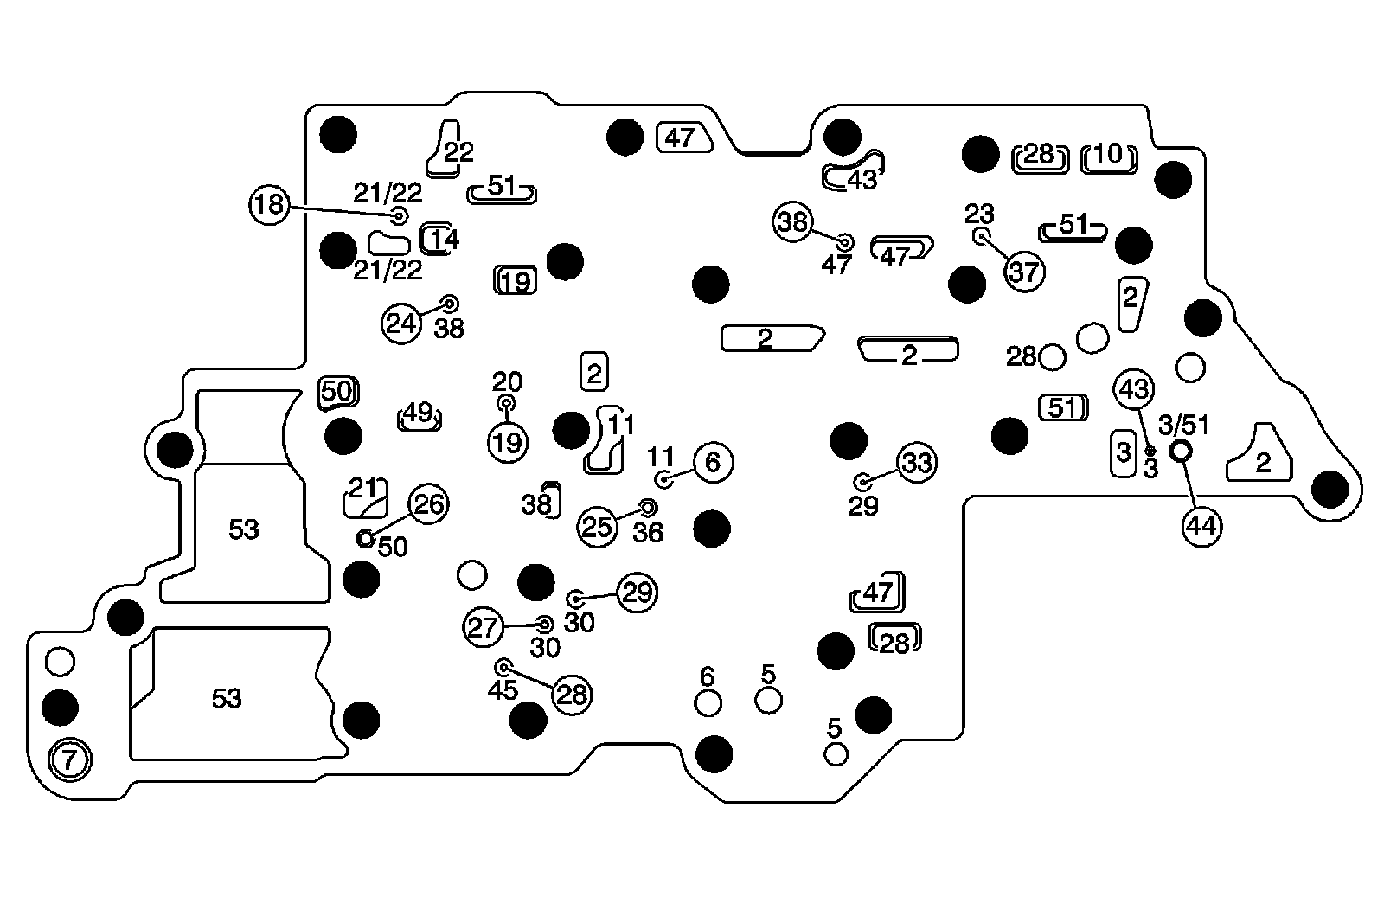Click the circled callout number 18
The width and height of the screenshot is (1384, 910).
pyautogui.click(x=270, y=205)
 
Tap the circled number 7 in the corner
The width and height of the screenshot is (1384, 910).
pyautogui.click(x=70, y=761)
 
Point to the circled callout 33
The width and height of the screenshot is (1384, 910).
pyautogui.click(x=916, y=464)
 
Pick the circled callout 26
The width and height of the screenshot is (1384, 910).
pyautogui.click(x=428, y=504)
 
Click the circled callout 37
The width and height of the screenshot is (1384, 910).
pyautogui.click(x=1024, y=272)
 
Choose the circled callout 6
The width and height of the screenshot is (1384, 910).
pyautogui.click(x=713, y=463)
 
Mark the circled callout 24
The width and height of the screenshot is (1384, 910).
pyautogui.click(x=401, y=324)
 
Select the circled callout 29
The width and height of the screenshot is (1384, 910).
pyautogui.click(x=638, y=593)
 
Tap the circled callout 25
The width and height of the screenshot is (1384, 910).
pyautogui.click(x=598, y=527)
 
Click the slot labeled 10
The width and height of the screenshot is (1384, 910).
pyautogui.click(x=1109, y=157)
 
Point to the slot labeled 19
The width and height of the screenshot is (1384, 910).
pyautogui.click(x=516, y=280)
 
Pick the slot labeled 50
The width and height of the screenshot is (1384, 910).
pyautogui.click(x=337, y=392)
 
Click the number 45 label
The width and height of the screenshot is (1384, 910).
pyautogui.click(x=503, y=690)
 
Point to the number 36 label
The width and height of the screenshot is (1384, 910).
pyautogui.click(x=648, y=533)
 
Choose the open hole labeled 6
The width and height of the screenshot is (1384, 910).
pyautogui.click(x=708, y=702)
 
